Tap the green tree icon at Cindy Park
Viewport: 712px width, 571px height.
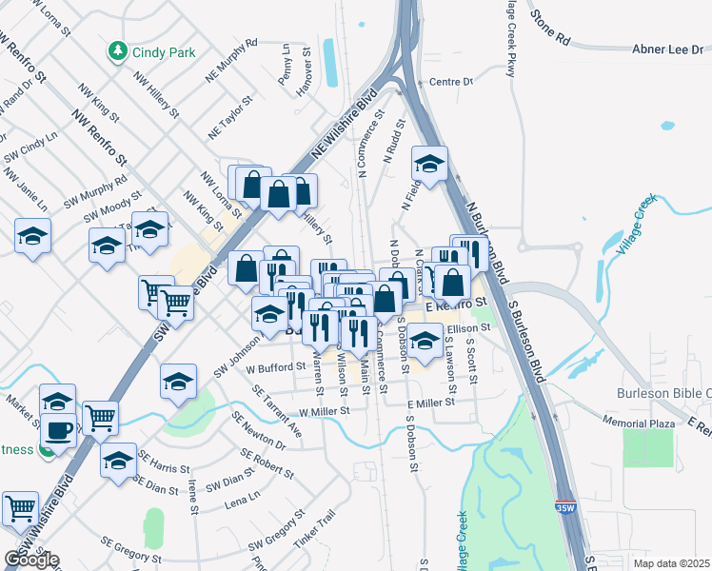pos(118,49)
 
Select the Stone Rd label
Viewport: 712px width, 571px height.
pos(549,28)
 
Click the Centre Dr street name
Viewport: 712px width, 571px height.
pos(451,82)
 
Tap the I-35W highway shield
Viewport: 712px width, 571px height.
pos(565,509)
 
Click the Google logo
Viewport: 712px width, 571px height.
pos(31,561)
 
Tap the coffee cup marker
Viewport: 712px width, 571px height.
pos(58,429)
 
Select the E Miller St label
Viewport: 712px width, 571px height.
pos(430,404)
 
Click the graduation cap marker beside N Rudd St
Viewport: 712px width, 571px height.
pos(430,165)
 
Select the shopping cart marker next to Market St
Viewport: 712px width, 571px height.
pos(100,416)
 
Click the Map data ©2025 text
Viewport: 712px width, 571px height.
pos(673,562)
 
